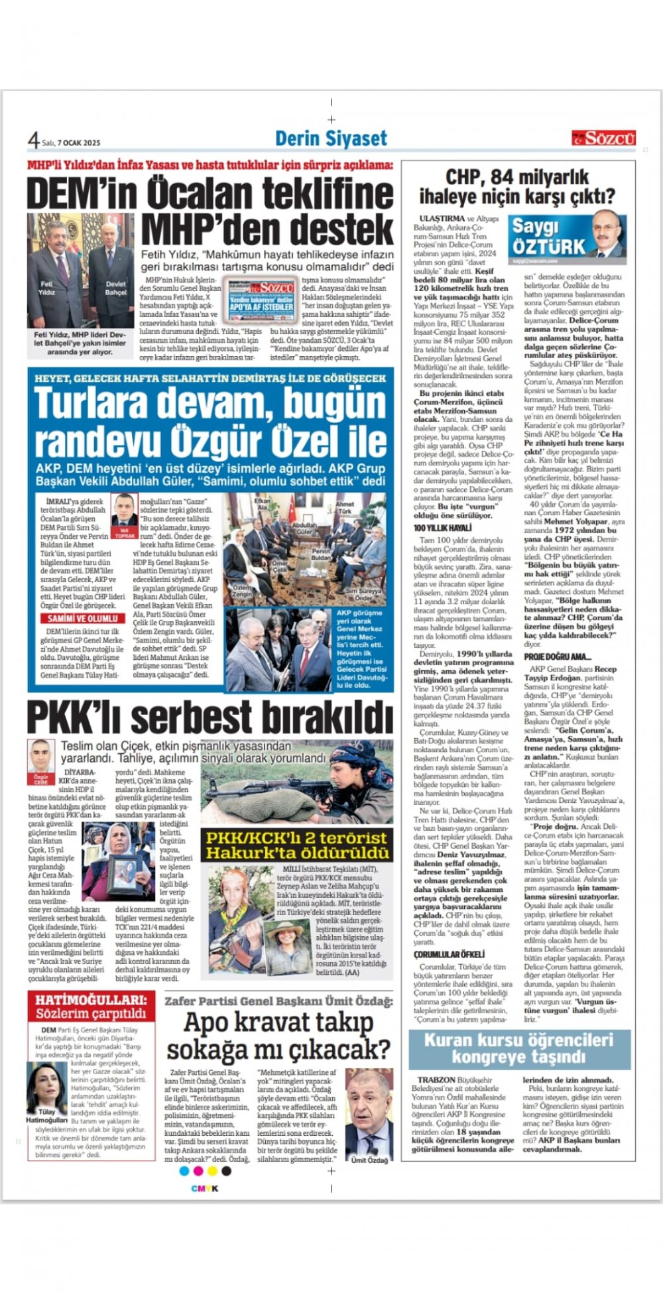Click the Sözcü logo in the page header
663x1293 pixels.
[x=603, y=138]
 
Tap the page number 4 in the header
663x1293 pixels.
[x=33, y=140]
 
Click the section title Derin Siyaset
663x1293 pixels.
[x=331, y=139]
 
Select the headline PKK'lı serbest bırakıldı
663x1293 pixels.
[x=209, y=717]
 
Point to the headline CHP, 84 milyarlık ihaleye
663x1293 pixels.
[x=517, y=186]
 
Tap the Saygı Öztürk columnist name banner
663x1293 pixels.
[x=549, y=237]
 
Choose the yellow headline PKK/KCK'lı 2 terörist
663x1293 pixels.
[x=296, y=845]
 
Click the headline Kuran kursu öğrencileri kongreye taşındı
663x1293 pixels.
[x=518, y=1048]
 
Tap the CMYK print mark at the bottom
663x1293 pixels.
[x=204, y=1188]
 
